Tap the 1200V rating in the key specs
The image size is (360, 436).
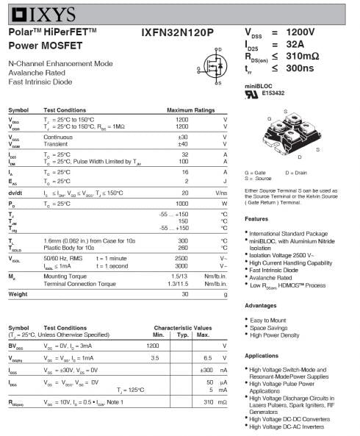[x=300, y=33]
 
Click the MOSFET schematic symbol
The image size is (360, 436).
[x=213, y=67]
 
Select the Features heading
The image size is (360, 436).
[x=256, y=219]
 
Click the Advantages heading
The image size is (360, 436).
[x=260, y=304]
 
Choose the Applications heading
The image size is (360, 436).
[x=262, y=355]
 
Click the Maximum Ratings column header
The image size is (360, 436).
[x=190, y=110]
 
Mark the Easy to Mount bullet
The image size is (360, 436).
[x=269, y=321]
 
